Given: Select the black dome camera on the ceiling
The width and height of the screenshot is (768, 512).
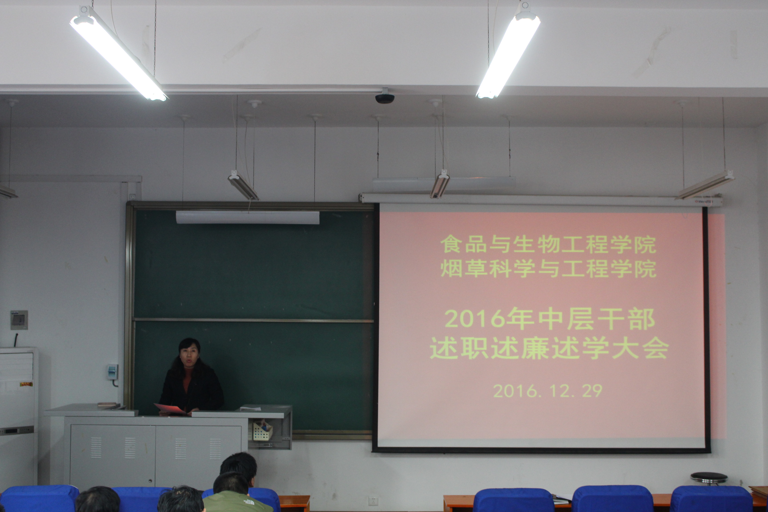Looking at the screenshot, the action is pos(385,98).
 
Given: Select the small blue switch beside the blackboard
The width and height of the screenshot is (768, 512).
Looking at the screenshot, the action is pos(112,372).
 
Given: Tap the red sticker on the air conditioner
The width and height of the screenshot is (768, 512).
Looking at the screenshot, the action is pos(26,384).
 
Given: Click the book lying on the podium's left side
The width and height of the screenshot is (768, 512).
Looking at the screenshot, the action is pos(107,404).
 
